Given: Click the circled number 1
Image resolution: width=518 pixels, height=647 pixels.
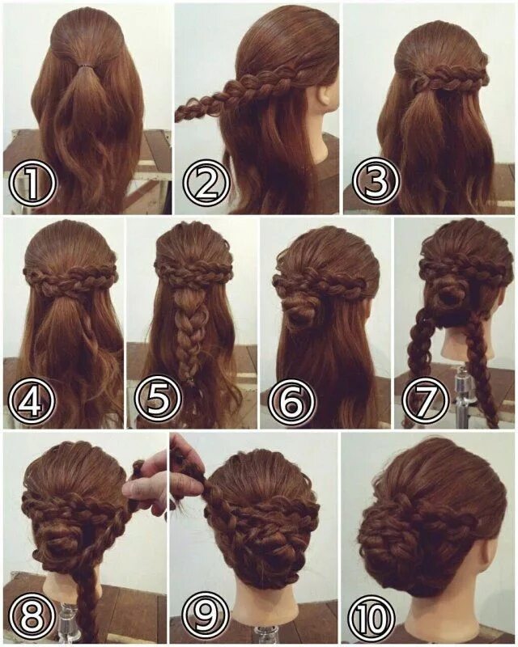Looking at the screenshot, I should (32, 184).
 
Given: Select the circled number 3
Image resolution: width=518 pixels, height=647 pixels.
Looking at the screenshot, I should (378, 184).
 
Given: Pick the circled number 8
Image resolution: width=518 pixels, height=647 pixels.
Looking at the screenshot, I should (32, 616).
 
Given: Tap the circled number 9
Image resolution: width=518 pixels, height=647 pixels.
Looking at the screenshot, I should (198, 616).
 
